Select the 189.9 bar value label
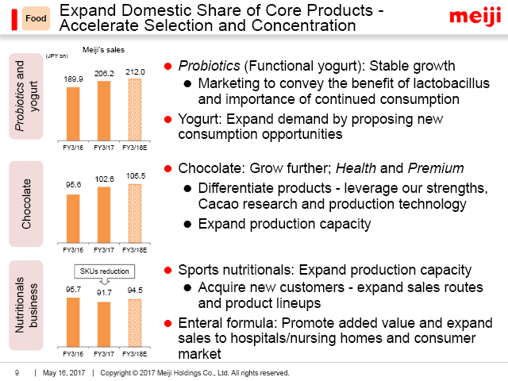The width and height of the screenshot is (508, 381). [72, 79]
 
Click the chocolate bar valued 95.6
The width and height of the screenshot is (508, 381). [72, 217]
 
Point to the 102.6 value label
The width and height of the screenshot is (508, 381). [103, 180]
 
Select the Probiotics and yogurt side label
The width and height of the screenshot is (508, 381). [26, 95]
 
